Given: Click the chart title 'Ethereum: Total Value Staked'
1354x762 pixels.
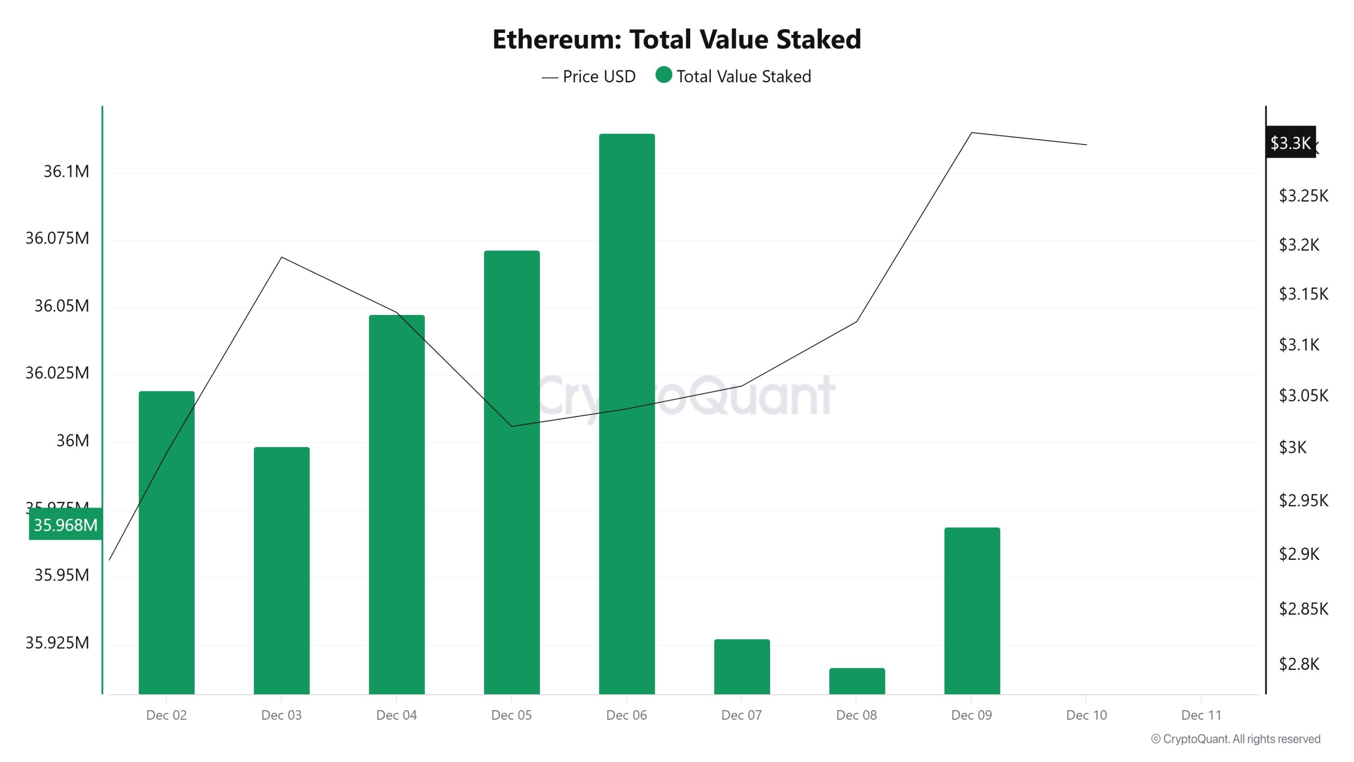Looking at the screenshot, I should point(676,39).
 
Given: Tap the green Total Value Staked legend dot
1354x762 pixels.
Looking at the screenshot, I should point(663,75).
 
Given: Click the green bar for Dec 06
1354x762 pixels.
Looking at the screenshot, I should point(627,413).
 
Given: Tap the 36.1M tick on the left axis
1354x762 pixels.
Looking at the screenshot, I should point(66,171).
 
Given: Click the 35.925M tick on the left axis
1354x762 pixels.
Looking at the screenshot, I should point(57,642).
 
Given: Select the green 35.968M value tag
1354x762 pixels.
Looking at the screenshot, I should point(66,524).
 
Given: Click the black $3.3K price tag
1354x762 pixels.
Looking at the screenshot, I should point(1290,142).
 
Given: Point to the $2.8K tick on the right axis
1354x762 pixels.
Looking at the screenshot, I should point(1298,664).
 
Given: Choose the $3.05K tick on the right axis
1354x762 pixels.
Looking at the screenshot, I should point(1303,395).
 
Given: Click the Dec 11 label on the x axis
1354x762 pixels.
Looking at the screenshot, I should point(1201,715).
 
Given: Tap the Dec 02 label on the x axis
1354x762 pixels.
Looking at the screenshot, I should point(167,715).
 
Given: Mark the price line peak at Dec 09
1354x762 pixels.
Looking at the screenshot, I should point(972,133).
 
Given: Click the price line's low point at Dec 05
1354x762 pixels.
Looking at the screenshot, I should point(511,426).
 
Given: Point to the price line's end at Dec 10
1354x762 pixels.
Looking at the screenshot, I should point(1086,144).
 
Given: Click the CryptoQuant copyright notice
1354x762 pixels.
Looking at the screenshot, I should point(1236,739).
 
